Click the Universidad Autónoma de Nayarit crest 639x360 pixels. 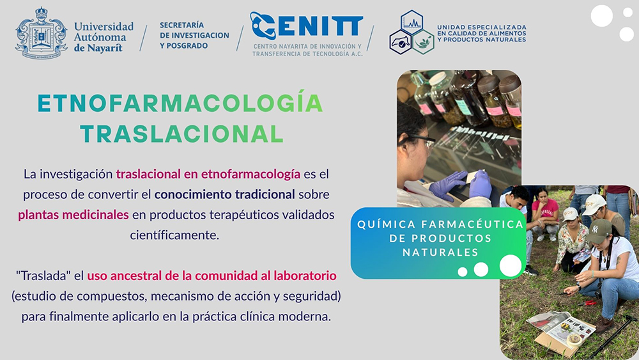click(x=41, y=33)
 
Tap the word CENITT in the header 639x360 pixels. click(x=307, y=26)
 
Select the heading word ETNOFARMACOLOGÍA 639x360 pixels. click(x=180, y=103)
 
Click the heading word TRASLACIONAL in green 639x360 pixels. click(x=181, y=134)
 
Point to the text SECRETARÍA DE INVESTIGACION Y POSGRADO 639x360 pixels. click(x=194, y=35)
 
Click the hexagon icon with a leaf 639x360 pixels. click(x=423, y=42)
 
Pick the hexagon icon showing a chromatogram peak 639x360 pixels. click(x=412, y=22)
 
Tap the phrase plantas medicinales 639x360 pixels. click(x=73, y=214)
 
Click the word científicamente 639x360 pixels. click(x=174, y=235)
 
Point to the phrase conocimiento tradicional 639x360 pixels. click(x=224, y=194)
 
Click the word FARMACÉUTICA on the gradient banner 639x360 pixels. click(x=472, y=224)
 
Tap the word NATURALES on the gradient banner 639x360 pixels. click(x=440, y=253)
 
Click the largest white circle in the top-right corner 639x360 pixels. click(x=602, y=16)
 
